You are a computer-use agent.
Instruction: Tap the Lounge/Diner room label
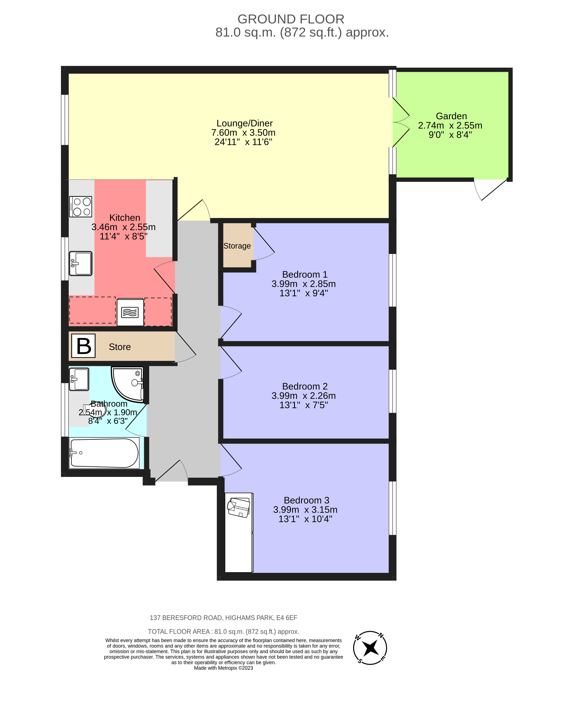click(244, 123)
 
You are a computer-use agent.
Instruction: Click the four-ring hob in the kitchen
click(81, 207)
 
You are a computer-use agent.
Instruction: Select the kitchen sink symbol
click(81, 264)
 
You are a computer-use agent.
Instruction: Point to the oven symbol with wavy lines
click(130, 312)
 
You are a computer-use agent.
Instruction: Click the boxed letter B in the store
click(83, 346)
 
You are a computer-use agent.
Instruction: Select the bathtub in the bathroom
click(104, 453)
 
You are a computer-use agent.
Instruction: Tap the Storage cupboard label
click(237, 246)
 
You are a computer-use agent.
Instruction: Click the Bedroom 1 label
click(304, 274)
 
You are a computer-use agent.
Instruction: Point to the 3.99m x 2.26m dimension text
click(303, 396)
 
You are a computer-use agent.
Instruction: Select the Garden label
click(451, 116)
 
